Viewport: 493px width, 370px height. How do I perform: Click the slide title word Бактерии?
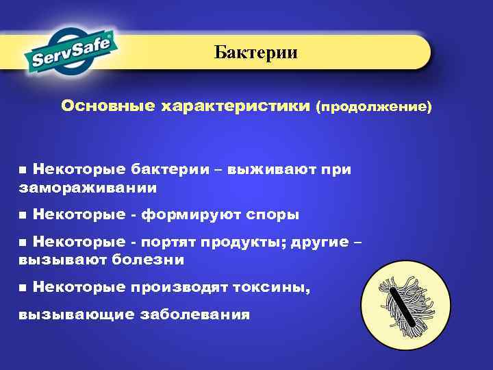click(x=255, y=53)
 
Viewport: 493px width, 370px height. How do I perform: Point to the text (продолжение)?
click(x=374, y=108)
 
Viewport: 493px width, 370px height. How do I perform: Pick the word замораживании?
click(x=88, y=187)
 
